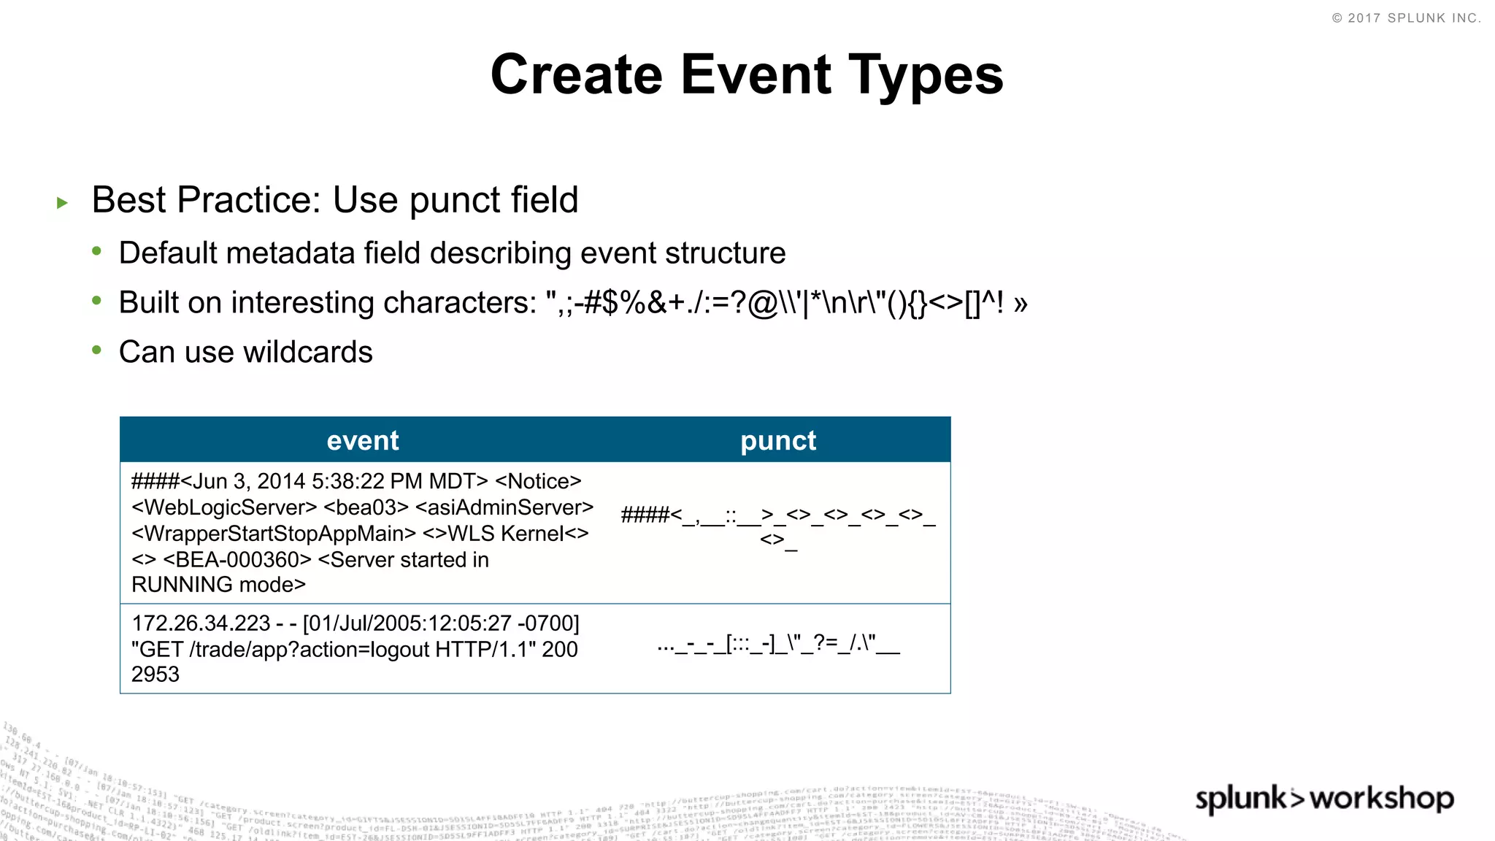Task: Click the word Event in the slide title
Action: (756, 74)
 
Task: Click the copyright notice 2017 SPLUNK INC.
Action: (1407, 18)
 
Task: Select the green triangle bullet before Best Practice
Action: (62, 203)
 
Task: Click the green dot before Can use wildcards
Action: (96, 350)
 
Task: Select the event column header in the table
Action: (362, 440)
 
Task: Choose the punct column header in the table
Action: (778, 440)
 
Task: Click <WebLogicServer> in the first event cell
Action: (224, 507)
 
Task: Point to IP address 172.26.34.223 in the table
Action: (201, 623)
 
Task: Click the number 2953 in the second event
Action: (155, 675)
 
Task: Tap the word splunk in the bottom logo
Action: (1241, 799)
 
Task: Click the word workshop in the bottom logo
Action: (1381, 799)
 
